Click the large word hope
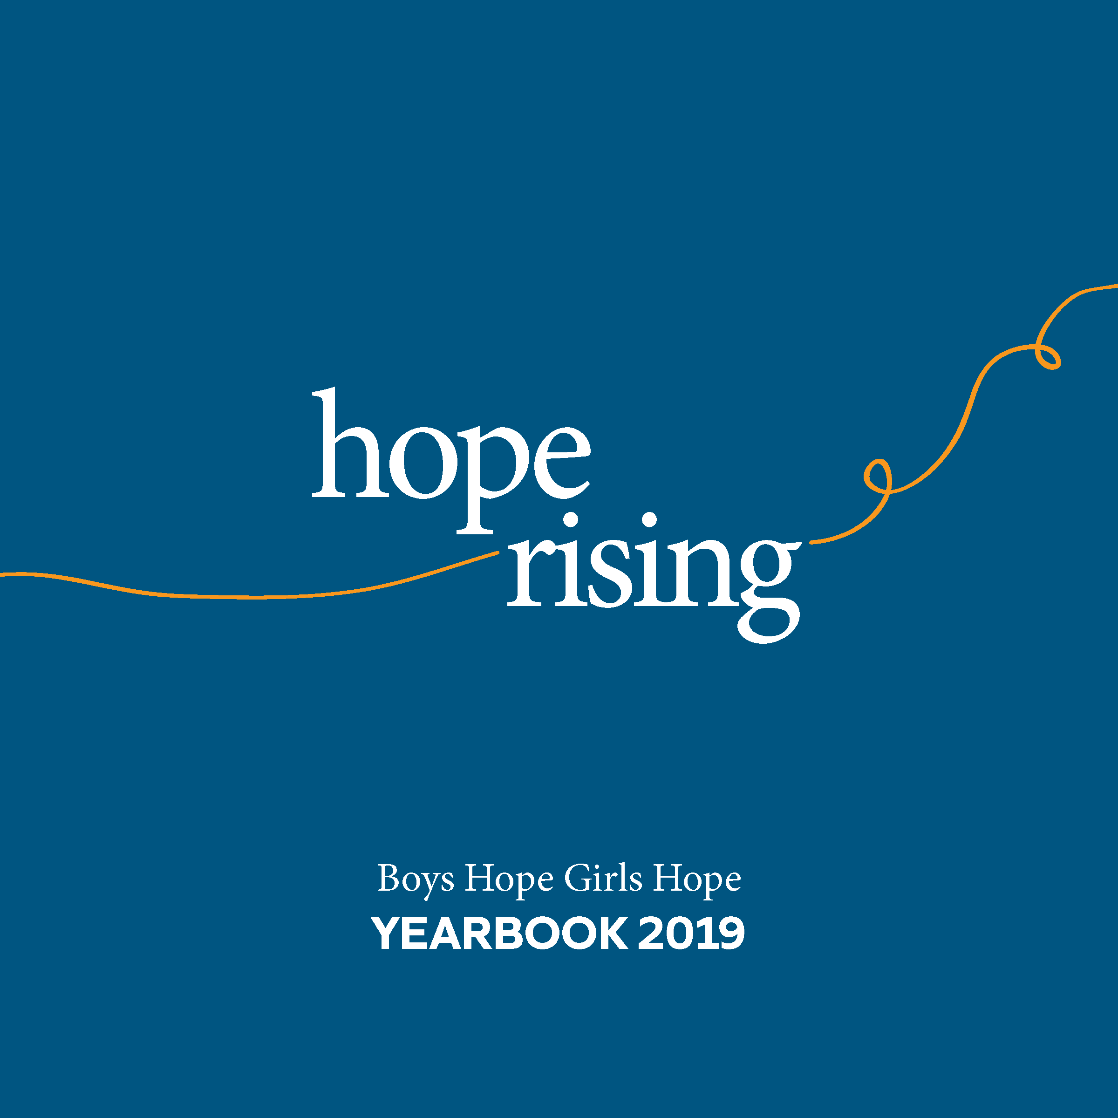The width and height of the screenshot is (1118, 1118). click(x=451, y=460)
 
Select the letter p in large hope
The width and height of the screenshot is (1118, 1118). click(x=492, y=480)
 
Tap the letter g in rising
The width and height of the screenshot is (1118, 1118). click(x=770, y=591)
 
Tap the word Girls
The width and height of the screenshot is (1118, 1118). click(x=603, y=878)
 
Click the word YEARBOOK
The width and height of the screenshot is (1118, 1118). click(x=499, y=933)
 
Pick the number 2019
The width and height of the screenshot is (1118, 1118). click(x=691, y=933)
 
